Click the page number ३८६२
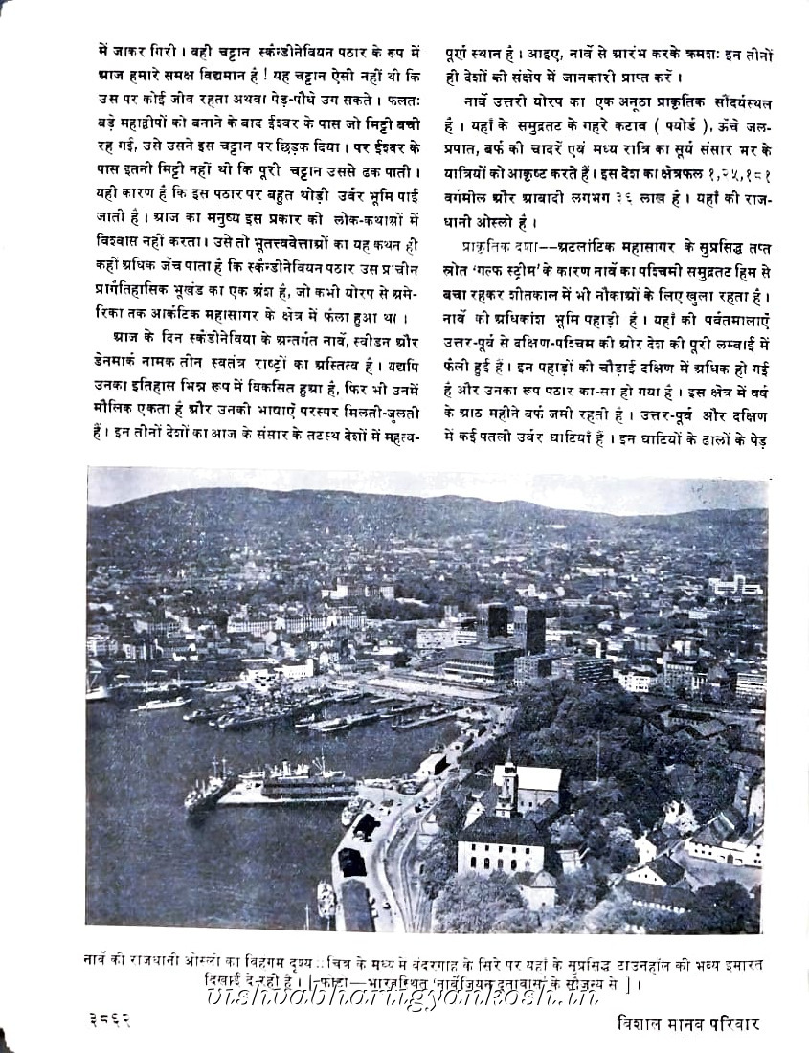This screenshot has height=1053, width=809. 108,1019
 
